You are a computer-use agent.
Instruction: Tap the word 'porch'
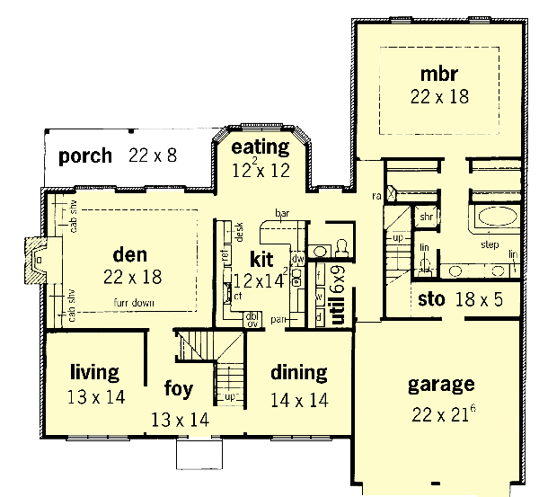tap(85, 156)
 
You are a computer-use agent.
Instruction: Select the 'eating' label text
tap(261, 146)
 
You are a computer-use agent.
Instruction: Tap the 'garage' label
tap(440, 386)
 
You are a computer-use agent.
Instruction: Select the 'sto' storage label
tap(431, 299)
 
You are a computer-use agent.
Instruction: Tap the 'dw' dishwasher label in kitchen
tap(298, 259)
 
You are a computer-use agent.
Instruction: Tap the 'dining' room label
tap(297, 372)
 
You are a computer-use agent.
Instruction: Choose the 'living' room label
tap(95, 372)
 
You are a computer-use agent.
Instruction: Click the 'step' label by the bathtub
tap(490, 244)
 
